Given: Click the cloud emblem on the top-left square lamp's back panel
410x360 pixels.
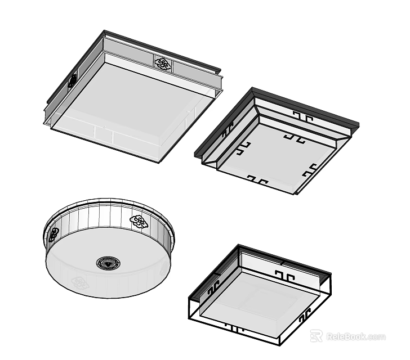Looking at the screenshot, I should pos(163,64).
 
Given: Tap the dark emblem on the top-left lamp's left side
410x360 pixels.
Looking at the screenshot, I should pos(73,81).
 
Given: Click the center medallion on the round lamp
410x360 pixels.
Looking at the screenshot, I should pos(106,263).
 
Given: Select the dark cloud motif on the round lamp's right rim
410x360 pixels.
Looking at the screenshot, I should pos(139,222).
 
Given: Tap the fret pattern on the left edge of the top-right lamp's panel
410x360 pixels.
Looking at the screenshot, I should pos(243,148).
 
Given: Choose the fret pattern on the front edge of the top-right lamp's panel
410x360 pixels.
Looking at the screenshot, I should pos(257,179).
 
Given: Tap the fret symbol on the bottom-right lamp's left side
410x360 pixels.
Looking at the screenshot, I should pos(213,289).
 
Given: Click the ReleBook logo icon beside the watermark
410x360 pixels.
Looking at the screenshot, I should pos(317,336).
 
